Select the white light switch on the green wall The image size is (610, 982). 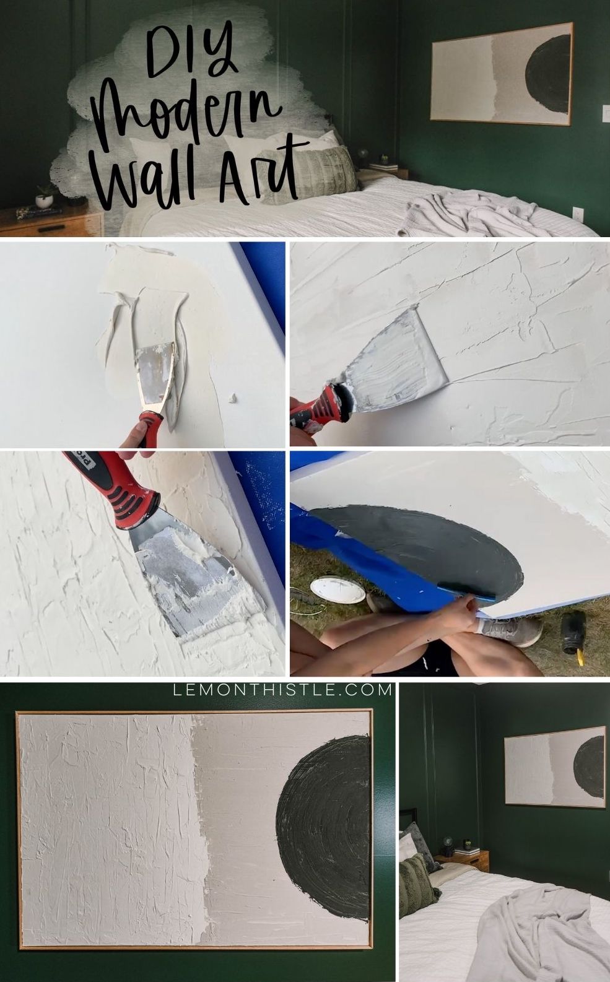click(x=606, y=111)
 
